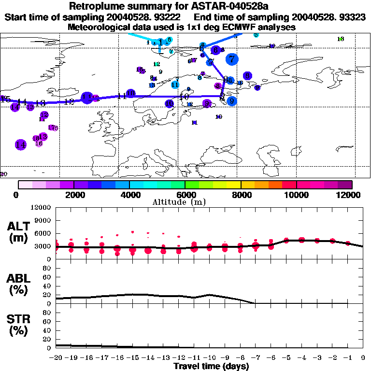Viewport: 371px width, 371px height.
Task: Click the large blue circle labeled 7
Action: tap(232, 59)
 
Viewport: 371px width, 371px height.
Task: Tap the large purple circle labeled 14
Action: tap(20, 144)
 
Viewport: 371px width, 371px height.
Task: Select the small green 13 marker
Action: tap(341, 39)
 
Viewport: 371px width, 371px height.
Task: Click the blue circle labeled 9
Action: tap(232, 101)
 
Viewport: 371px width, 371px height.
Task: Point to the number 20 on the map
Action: tap(4, 174)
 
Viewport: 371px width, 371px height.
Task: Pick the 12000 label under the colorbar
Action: tap(351, 195)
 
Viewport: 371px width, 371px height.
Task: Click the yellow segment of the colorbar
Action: tap(234, 185)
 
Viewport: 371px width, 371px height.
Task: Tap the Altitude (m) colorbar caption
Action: tap(185, 202)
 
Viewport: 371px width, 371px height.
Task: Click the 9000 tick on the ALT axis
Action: tap(43, 220)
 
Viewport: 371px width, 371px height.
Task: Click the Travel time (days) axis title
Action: tap(211, 366)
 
